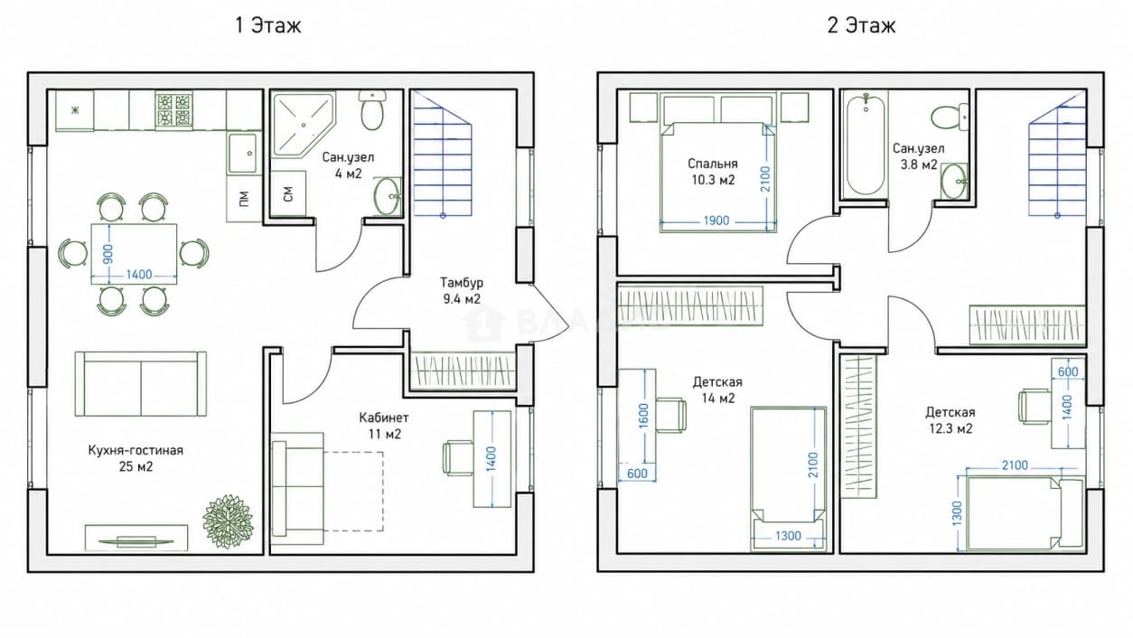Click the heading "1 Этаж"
(x=268, y=25)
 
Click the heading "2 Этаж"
(x=861, y=25)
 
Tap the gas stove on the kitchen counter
(x=174, y=109)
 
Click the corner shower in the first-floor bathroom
(x=303, y=124)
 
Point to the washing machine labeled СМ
(x=288, y=193)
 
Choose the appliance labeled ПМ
(x=244, y=199)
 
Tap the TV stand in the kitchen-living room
(x=136, y=538)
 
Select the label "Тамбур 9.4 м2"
(x=462, y=290)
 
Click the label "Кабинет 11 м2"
(x=384, y=426)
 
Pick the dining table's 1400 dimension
(x=139, y=275)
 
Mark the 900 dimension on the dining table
(x=108, y=254)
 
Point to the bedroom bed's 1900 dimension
(x=716, y=220)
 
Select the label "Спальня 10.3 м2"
(x=713, y=172)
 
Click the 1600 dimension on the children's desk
(x=643, y=416)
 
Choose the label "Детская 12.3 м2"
(x=950, y=420)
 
